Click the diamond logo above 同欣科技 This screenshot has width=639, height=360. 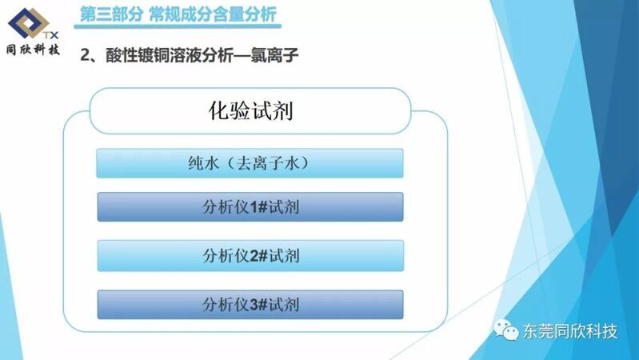coord(29,23)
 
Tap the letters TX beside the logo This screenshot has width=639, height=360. coord(50,35)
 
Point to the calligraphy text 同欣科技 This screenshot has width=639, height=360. coord(33,50)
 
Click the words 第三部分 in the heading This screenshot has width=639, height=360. coord(112,14)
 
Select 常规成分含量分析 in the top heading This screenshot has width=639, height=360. coord(213,14)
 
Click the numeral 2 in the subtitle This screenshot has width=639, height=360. coord(85,55)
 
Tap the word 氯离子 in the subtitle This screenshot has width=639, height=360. coord(274,55)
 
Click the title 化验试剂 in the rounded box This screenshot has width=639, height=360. coord(250,110)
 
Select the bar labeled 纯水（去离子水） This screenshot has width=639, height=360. coord(250,163)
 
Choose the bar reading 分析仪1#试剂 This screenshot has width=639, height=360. coord(250,206)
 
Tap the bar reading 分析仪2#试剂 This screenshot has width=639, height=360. coord(250,256)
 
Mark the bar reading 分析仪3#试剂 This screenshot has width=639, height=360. coord(250,305)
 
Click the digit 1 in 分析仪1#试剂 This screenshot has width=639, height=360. coord(253,207)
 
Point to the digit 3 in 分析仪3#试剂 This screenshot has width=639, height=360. coord(254,305)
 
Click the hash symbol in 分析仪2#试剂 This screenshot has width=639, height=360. coord(263,256)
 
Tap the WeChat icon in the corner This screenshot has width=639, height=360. coord(505,330)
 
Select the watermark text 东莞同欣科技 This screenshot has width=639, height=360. coord(569,331)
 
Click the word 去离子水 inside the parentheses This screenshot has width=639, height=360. coord(267,163)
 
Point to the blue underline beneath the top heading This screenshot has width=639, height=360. coord(178,26)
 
